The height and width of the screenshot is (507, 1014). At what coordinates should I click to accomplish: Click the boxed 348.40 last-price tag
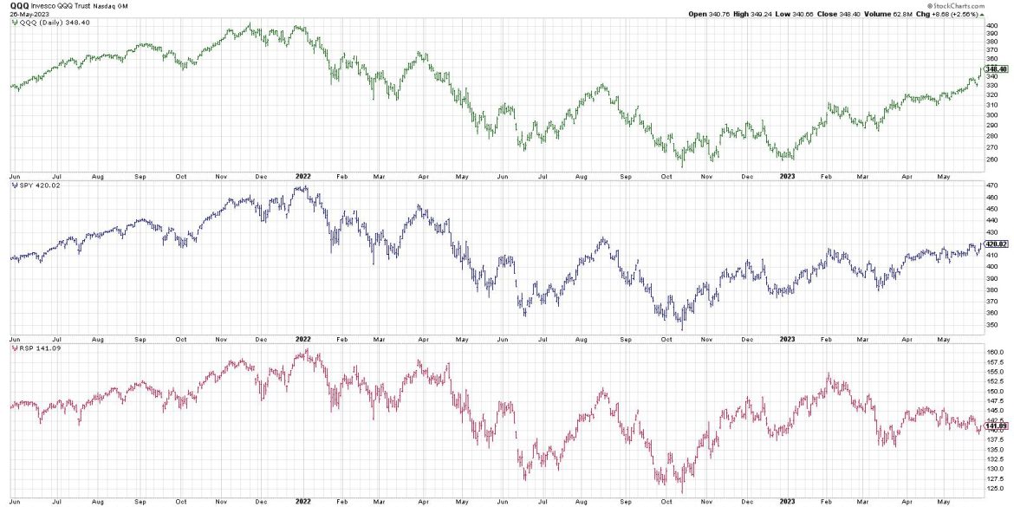(x=996, y=68)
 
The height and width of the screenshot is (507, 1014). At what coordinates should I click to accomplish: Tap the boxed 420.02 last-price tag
(x=996, y=244)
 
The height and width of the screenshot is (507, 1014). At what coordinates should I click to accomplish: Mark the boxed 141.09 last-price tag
(x=996, y=426)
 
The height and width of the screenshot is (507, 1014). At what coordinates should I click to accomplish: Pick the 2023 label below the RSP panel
(x=788, y=501)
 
